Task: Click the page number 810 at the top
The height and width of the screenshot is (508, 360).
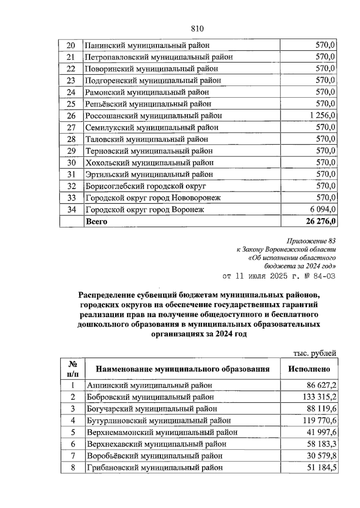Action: [197, 29]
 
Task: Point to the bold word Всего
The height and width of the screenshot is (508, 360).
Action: [96, 222]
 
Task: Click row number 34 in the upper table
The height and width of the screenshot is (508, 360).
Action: [71, 209]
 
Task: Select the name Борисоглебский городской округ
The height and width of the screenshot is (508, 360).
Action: [146, 186]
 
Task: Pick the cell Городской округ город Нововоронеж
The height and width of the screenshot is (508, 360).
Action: [153, 198]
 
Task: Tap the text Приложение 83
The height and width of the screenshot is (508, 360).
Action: [311, 241]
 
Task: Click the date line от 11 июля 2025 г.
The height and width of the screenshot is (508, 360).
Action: [278, 276]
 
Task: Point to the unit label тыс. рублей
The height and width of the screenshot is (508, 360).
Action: [314, 353]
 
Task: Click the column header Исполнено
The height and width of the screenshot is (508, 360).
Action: [309, 369]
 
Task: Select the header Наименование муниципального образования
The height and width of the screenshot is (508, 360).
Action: [182, 369]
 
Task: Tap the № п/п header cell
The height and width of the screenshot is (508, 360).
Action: [73, 369]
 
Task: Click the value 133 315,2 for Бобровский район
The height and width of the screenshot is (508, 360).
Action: [319, 397]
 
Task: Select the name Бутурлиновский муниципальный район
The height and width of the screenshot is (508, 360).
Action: [159, 420]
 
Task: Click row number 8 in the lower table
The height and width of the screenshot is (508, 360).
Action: [73, 468]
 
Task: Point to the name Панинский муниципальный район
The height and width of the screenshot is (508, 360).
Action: [147, 45]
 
